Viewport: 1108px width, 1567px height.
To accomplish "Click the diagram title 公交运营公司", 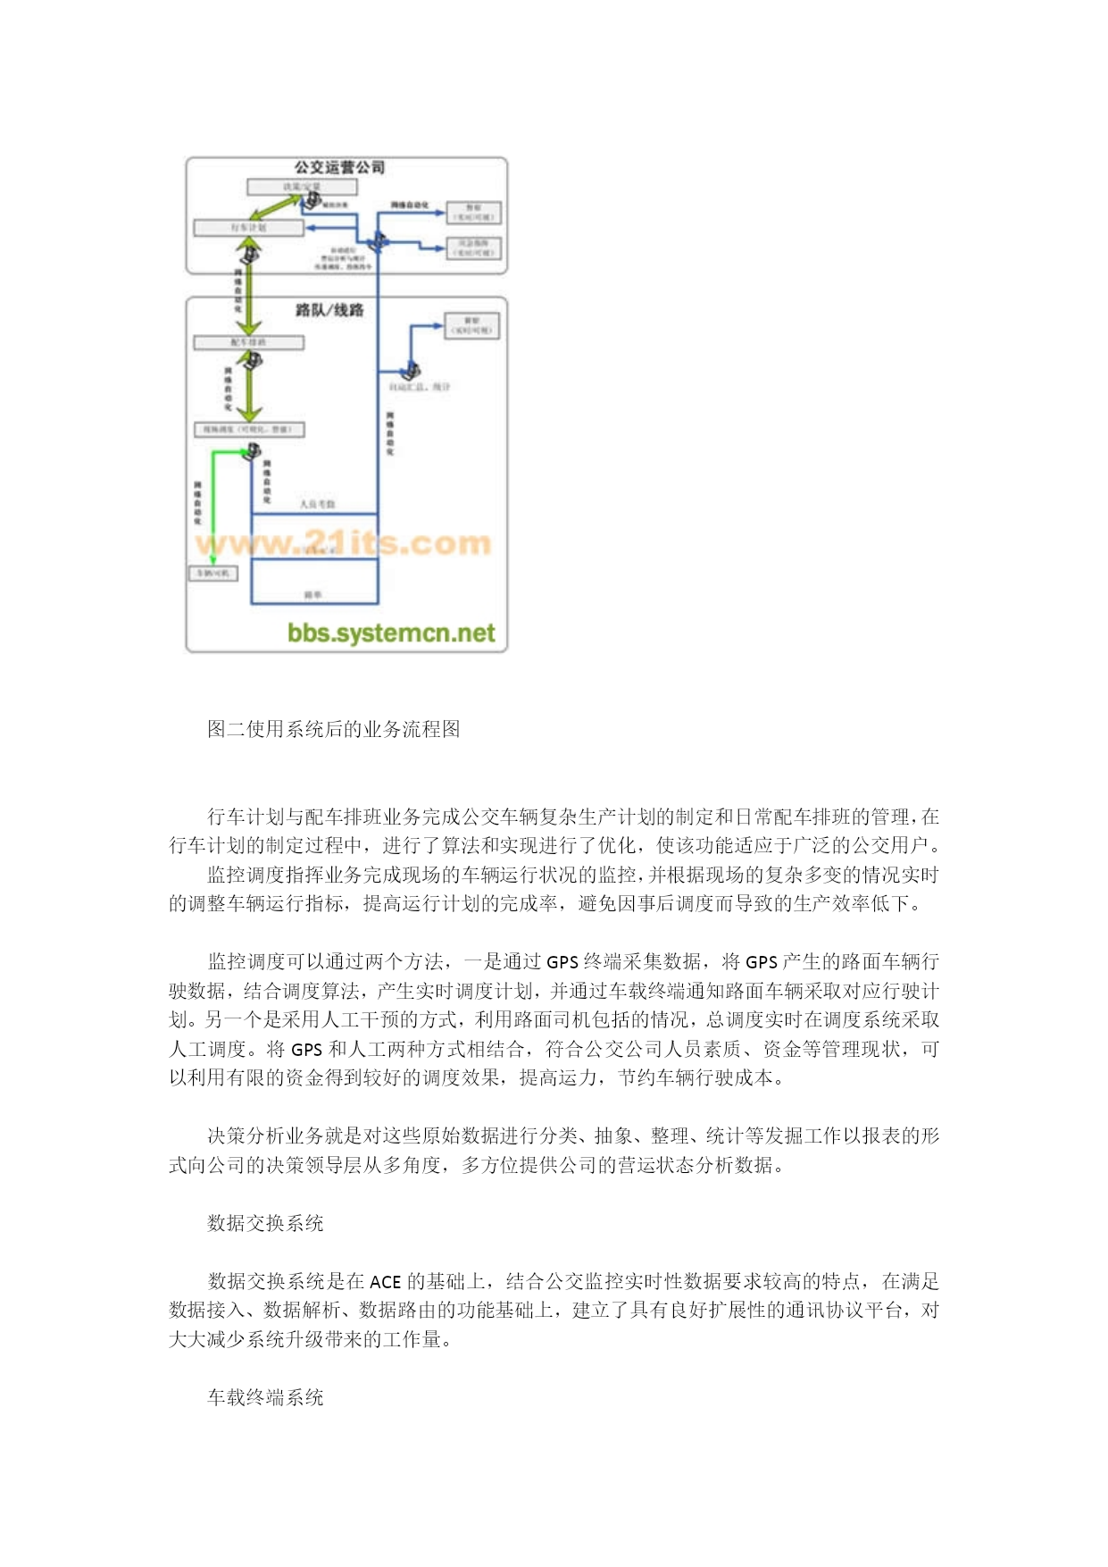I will [339, 167].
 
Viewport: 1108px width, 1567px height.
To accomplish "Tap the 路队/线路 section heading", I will [329, 310].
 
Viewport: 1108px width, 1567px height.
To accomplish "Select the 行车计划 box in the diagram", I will [248, 228].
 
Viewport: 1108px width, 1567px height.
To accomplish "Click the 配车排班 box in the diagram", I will [248, 342].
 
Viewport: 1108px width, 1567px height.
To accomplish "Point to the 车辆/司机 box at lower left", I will [212, 573].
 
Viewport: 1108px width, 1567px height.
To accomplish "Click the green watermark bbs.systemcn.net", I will [390, 633].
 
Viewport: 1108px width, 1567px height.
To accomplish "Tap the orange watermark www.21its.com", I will [344, 542].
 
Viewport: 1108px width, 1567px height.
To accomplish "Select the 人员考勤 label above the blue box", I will [317, 505].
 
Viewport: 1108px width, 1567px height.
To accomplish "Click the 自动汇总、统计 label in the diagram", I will [420, 387].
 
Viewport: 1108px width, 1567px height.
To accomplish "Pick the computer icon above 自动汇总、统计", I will [412, 369].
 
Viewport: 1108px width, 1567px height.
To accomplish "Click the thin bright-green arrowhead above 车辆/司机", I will [213, 559].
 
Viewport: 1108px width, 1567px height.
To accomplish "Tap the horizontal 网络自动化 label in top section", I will [409, 205].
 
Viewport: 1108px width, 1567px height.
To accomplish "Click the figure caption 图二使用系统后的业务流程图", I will [333, 729].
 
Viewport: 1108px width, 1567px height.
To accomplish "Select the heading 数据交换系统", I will [265, 1223].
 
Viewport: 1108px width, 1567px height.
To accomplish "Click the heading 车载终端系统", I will [265, 1397].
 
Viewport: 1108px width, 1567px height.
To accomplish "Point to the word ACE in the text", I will [385, 1282].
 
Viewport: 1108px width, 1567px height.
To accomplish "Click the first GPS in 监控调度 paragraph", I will [562, 962].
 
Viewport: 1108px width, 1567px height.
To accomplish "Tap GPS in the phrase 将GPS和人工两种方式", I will [306, 1050].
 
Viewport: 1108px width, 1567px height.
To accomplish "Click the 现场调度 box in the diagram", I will [249, 430].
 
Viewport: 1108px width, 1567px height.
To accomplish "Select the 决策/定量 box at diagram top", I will [302, 187].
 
